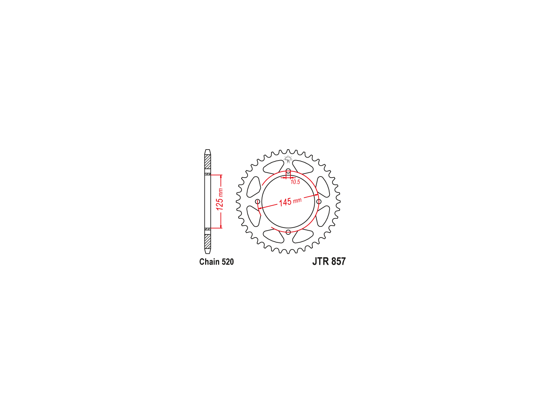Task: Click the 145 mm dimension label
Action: pyautogui.click(x=290, y=201)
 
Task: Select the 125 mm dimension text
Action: pyautogui.click(x=220, y=199)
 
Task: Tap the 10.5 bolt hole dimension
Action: pyautogui.click(x=295, y=182)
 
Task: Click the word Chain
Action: pyautogui.click(x=209, y=262)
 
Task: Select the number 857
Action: pyautogui.click(x=339, y=261)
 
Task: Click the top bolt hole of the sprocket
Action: pyautogui.click(x=288, y=171)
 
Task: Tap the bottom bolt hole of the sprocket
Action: pyautogui.click(x=288, y=232)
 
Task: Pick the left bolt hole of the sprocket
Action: pyautogui.click(x=258, y=201)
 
